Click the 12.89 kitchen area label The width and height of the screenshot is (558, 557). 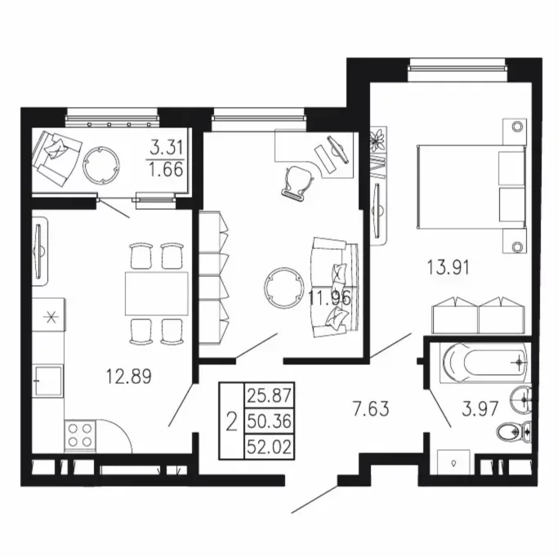pos(129,377)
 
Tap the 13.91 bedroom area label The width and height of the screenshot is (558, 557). pos(449,267)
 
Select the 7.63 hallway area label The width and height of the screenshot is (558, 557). pos(371,408)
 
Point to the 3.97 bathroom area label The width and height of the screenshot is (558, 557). pos(480,408)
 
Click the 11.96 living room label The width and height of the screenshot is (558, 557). pos(330,298)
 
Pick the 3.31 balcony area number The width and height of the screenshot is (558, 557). pos(166,148)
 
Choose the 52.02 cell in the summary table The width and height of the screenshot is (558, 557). pos(270,447)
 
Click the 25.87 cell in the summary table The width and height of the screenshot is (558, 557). pos(270,395)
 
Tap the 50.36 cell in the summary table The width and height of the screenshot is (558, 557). pos(270,421)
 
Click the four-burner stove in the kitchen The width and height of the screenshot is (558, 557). pos(80,436)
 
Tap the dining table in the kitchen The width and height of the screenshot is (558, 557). pos(157,293)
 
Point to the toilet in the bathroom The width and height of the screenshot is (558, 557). pos(514,432)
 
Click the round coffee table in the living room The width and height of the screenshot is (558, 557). pos(284,288)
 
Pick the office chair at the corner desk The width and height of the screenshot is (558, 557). pos(297,182)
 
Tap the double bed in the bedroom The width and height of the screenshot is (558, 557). pos(471,187)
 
